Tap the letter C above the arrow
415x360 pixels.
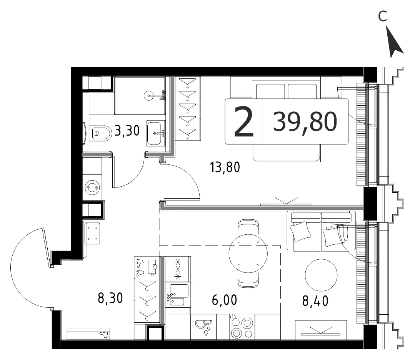382,16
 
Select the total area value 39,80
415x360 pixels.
305,121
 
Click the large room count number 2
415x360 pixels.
244,121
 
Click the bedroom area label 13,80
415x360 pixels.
225,167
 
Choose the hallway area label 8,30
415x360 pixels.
110,298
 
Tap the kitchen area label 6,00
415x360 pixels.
225,300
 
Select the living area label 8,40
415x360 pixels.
315,301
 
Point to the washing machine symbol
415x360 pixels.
92,187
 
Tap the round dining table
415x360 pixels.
248,253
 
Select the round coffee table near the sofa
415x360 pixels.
321,275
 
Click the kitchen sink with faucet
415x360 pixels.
178,295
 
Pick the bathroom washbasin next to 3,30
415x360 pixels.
156,133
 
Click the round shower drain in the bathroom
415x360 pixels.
148,95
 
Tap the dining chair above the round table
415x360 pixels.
248,227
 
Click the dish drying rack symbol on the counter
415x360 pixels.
203,327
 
